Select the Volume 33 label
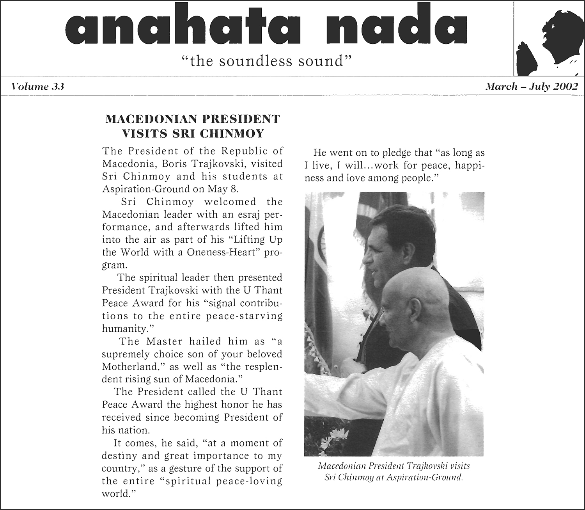tap(38, 87)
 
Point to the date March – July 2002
tap(531, 87)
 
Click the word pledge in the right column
tap(402, 153)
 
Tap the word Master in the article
tap(165, 341)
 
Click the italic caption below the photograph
tap(394, 471)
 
